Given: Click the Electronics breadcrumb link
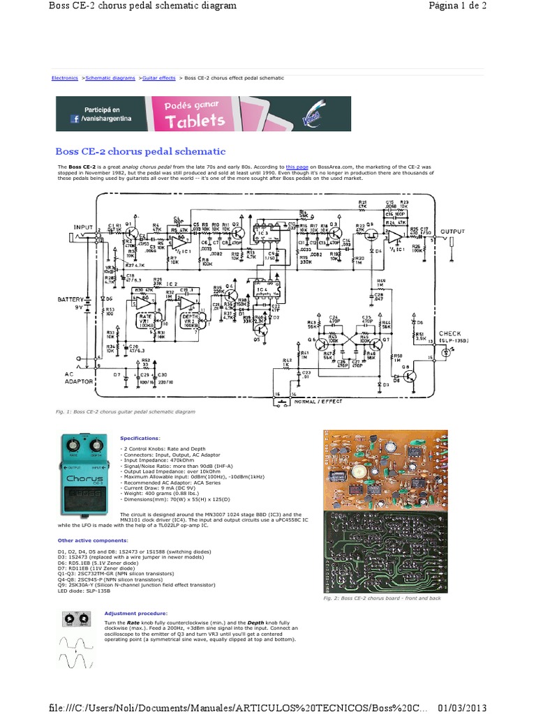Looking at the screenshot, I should [x=65, y=78].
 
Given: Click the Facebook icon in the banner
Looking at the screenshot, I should [x=73, y=119].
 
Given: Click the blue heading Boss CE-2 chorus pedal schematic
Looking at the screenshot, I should [x=140, y=151].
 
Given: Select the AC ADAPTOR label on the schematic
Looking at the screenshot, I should [x=79, y=377].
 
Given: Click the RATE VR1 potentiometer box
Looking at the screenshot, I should [x=145, y=321].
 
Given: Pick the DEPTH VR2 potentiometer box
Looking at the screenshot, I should [x=189, y=321].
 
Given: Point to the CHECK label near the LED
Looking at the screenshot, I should [x=450, y=333].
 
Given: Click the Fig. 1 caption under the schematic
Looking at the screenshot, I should [x=126, y=412].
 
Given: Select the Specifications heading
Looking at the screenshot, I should [x=140, y=437].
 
